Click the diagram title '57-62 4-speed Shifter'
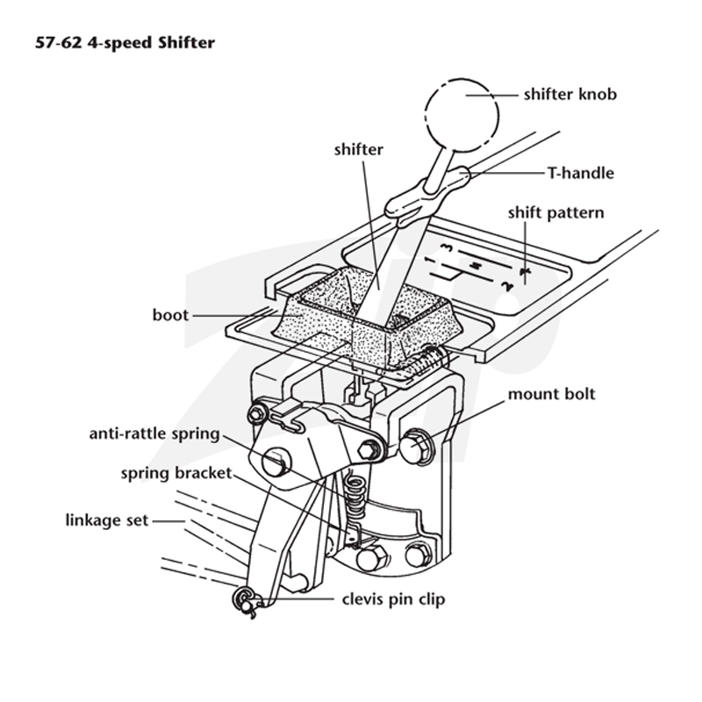tap(125, 43)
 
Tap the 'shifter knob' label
tap(569, 95)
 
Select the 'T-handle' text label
tap(581, 173)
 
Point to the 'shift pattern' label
tap(555, 212)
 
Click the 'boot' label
tap(170, 315)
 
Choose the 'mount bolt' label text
tap(551, 394)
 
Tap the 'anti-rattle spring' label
tap(154, 433)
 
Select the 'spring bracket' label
tap(176, 473)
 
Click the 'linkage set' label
tap(106, 520)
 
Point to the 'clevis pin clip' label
tap(393, 599)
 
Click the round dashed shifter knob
tap(462, 115)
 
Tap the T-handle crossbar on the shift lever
tap(427, 192)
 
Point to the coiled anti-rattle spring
tap(356, 497)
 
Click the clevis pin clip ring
tap(244, 600)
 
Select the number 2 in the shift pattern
tap(507, 286)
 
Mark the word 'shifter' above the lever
tap(359, 149)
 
